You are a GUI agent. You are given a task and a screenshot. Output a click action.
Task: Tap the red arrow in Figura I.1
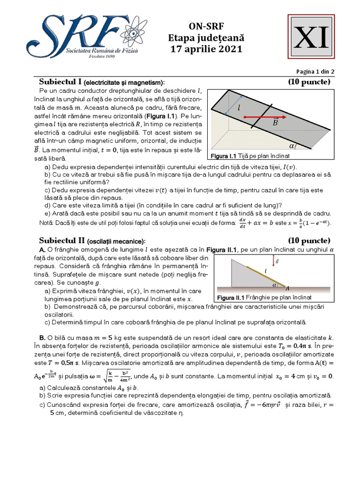(x=260, y=116)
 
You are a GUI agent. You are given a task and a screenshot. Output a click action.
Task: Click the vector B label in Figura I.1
(x=276, y=123)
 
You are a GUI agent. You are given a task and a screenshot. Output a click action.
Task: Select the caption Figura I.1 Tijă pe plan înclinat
(x=250, y=156)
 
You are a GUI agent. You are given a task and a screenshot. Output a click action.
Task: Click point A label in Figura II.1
(x=287, y=288)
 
